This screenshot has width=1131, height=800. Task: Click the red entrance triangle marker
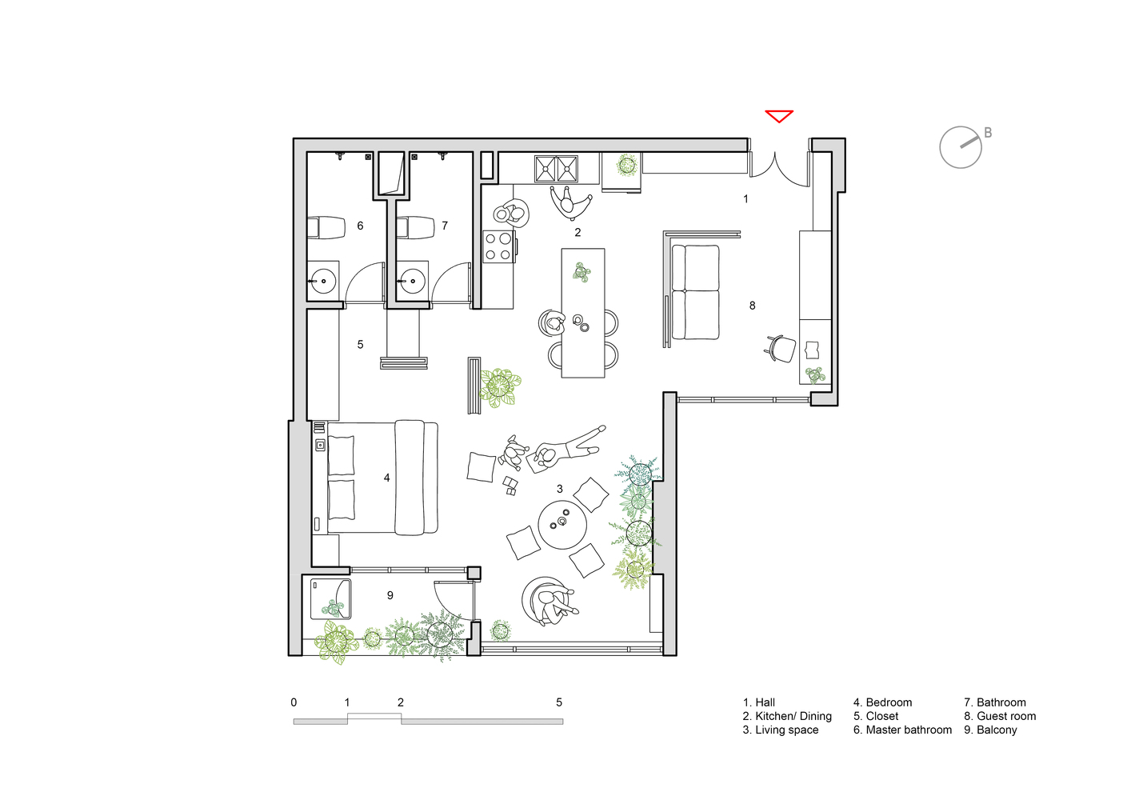(x=778, y=116)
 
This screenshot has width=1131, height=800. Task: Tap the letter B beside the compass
(x=988, y=133)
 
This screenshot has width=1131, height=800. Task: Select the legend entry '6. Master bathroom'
(x=902, y=730)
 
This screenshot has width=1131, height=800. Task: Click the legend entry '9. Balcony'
(x=990, y=730)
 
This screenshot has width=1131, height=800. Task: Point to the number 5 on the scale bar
(x=559, y=702)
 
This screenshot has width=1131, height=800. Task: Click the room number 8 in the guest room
(x=753, y=306)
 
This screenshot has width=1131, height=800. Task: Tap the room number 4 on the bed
(x=387, y=478)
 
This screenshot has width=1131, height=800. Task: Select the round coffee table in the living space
(x=562, y=525)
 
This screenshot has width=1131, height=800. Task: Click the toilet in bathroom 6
(x=326, y=228)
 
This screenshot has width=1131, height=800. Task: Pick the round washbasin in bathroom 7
(x=412, y=281)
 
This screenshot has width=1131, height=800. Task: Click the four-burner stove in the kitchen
(x=499, y=246)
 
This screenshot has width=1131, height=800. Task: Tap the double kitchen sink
(x=556, y=168)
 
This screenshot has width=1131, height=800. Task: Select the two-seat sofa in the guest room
(x=695, y=292)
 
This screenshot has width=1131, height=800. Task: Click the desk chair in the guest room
(x=781, y=349)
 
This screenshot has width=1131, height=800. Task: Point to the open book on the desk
(x=813, y=349)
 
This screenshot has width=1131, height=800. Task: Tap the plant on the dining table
(x=581, y=272)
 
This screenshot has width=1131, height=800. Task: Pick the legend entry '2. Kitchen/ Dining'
(x=786, y=716)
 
